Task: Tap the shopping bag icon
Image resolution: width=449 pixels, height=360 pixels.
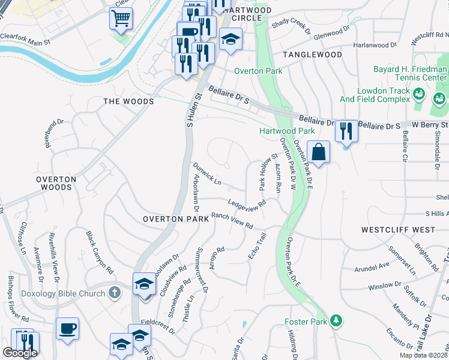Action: coord(318,152)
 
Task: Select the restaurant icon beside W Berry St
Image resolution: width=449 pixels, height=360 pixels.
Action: coord(346,130)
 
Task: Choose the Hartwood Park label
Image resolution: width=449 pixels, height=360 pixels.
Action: coord(287,131)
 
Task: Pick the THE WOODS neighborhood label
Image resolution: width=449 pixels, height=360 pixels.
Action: coord(128,101)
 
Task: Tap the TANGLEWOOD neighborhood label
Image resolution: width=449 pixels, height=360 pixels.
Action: coord(312,55)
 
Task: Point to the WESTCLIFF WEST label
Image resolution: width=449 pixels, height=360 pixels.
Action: coord(398,230)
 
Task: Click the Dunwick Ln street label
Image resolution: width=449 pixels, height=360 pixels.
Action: coord(207,173)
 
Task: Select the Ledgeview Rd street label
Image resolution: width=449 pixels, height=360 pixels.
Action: coord(246,205)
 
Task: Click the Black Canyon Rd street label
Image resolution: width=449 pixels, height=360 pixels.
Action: coord(100,253)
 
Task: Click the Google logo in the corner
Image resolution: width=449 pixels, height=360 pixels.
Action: coord(20,353)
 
